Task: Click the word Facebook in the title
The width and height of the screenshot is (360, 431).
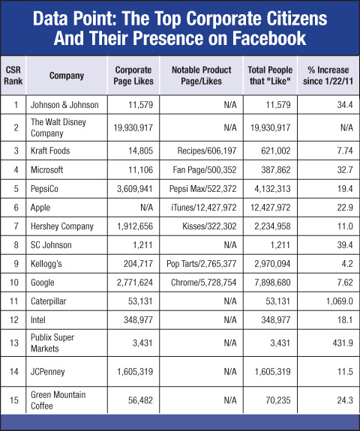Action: tap(269, 38)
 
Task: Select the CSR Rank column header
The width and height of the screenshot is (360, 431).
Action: tap(13, 76)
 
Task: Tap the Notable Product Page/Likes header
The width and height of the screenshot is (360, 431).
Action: tap(201, 76)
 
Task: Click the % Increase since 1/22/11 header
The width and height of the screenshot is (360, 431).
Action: tap(328, 76)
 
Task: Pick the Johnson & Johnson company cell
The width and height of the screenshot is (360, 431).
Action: tap(64, 105)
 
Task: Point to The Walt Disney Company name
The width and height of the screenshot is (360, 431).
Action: tap(58, 127)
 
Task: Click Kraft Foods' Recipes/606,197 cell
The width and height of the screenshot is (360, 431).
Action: tap(207, 151)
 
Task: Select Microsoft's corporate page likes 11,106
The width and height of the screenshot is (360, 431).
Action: tap(140, 170)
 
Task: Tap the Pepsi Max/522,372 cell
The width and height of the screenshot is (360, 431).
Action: tap(203, 189)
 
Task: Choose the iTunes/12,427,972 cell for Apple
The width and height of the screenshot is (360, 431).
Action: tap(203, 208)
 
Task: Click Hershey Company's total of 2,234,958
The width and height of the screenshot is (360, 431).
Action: tap(272, 226)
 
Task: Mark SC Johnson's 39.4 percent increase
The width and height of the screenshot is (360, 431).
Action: tap(345, 245)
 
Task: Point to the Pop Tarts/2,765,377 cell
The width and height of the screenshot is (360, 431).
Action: tap(201, 264)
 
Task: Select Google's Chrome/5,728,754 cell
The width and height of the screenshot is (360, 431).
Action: tap(203, 283)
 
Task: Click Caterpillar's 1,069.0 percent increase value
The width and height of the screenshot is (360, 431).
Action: tap(339, 301)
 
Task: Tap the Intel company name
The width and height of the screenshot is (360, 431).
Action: tap(38, 320)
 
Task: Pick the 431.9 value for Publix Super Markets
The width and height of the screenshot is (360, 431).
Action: tap(343, 343)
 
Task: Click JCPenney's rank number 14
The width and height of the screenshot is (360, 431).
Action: tap(14, 372)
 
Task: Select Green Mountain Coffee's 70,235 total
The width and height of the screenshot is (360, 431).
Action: tap(278, 400)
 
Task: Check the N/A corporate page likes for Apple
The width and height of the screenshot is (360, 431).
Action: tap(146, 208)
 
